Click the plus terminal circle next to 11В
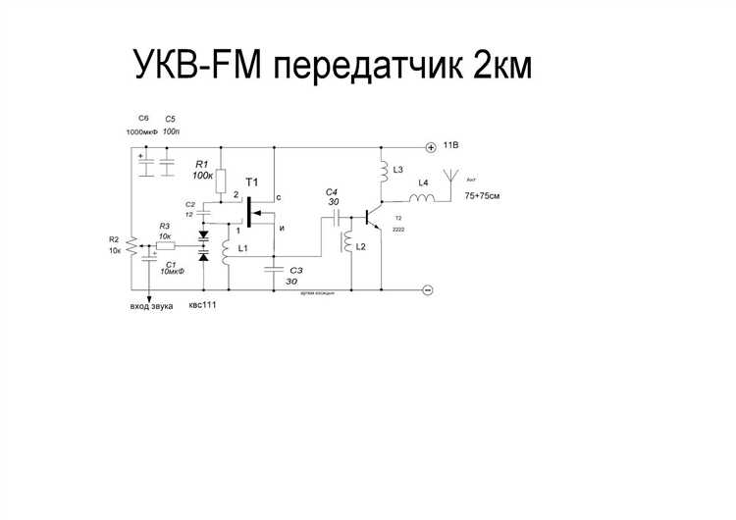coord(429,147)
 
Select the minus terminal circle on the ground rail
coord(428,289)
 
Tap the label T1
coord(252,183)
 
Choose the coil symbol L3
coord(382,172)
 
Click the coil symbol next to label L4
coord(422,199)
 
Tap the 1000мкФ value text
coord(141,131)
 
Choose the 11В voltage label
coord(451,145)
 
